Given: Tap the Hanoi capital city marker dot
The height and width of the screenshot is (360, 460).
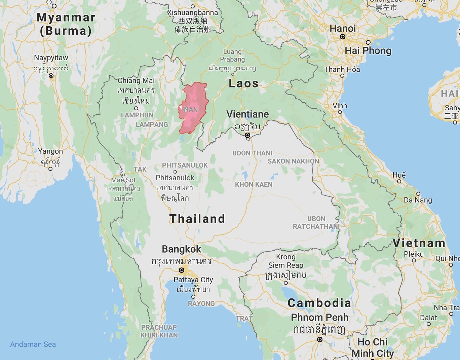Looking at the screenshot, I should (343, 37).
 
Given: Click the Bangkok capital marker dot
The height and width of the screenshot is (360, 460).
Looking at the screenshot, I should (182, 270).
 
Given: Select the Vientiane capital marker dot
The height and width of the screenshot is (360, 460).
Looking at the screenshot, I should (247, 135).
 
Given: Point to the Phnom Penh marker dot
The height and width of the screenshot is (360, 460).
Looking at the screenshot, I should (320, 339).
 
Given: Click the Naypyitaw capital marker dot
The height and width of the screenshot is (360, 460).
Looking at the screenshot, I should (51, 76).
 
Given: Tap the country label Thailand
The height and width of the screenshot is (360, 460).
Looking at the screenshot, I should (197, 219).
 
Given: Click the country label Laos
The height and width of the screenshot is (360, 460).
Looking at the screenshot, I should (243, 83).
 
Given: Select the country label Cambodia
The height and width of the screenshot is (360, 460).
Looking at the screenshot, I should (319, 303).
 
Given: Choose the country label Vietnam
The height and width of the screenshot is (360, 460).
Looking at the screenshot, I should (419, 243).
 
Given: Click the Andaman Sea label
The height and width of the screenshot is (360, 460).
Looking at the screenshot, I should (33, 344).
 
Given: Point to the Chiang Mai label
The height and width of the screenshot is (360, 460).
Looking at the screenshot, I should (136, 81).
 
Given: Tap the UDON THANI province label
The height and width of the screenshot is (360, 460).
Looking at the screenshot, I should (252, 153).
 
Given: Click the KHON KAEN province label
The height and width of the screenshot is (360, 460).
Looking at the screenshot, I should (254, 184).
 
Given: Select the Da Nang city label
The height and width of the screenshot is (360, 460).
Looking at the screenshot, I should (418, 200).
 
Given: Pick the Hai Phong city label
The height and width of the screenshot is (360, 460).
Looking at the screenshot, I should (368, 51).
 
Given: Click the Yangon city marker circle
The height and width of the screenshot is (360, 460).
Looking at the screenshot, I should (50, 169).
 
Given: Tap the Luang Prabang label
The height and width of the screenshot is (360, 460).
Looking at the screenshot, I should (232, 56).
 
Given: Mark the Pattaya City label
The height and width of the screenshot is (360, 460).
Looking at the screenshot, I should (193, 280).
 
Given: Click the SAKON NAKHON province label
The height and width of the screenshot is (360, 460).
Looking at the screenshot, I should (293, 161).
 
